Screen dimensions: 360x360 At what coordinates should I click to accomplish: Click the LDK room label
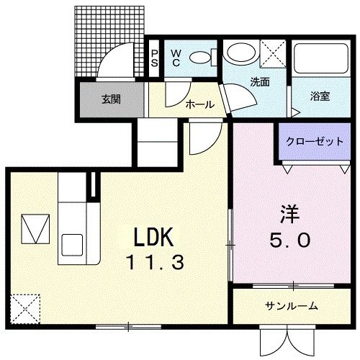pyautogui.click(x=151, y=238)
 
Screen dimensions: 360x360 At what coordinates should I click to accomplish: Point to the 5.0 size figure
pyautogui.click(x=292, y=241)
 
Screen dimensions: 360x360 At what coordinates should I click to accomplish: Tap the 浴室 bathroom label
pyautogui.click(x=320, y=96)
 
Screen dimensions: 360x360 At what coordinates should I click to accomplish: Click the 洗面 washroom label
pyautogui.click(x=259, y=82)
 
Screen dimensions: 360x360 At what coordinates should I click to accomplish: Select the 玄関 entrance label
pyautogui.click(x=111, y=98)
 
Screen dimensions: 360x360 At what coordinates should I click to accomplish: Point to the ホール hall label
pyautogui.click(x=199, y=104)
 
